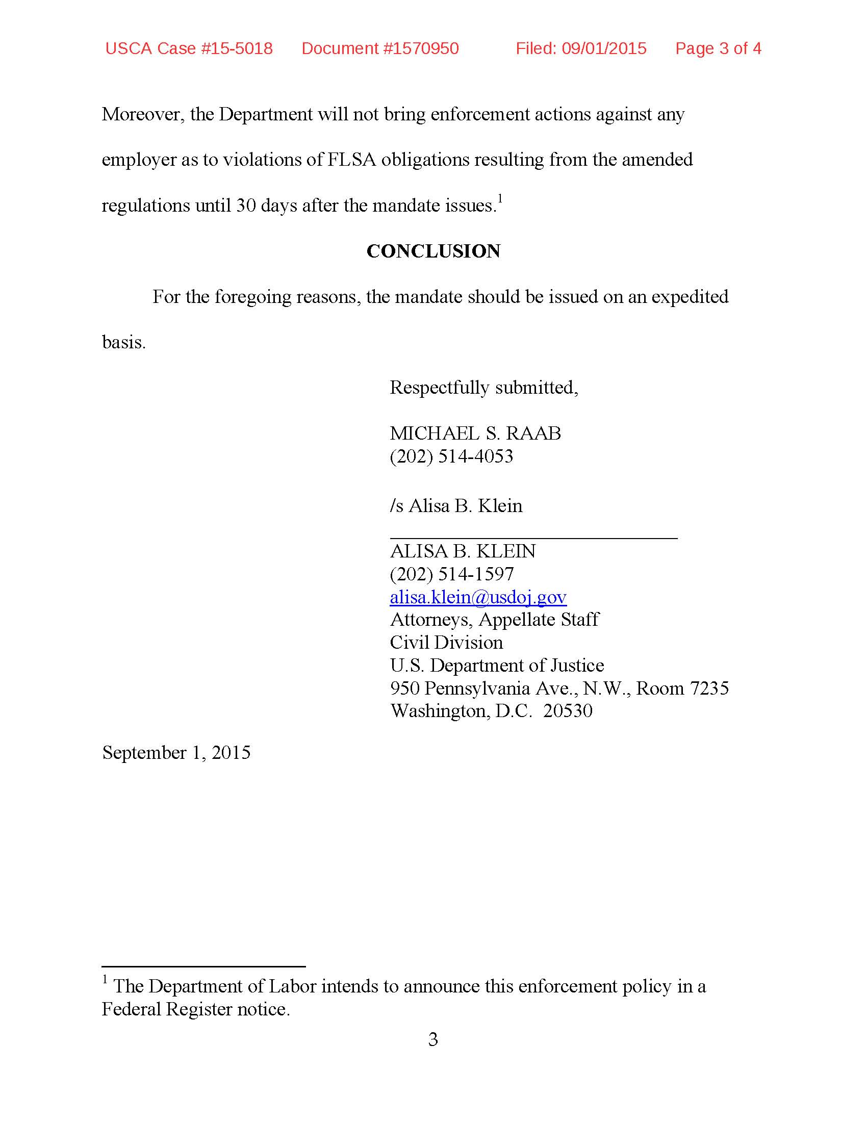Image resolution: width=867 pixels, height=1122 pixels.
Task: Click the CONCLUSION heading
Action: coord(433,251)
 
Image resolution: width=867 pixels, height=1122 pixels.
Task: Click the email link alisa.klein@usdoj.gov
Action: coord(478,597)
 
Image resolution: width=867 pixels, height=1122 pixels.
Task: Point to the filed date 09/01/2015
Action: coord(603,48)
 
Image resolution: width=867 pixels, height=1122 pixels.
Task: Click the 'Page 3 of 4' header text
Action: coord(718,48)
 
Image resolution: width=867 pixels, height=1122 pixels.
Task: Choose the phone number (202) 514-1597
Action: coord(451,574)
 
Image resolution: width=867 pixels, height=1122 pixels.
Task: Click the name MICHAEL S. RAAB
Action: coord(475,433)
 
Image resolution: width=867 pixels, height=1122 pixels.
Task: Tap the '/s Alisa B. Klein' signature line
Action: coord(455,505)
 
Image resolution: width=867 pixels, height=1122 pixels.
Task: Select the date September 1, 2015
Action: coord(176,752)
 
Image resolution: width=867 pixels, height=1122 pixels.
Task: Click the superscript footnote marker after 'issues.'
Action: coord(500,198)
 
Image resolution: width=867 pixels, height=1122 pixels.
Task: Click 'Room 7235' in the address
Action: coord(682,688)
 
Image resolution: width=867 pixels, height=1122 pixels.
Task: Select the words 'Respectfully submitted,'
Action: coord(483,388)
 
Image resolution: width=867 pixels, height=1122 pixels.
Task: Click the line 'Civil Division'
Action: coord(446,642)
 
